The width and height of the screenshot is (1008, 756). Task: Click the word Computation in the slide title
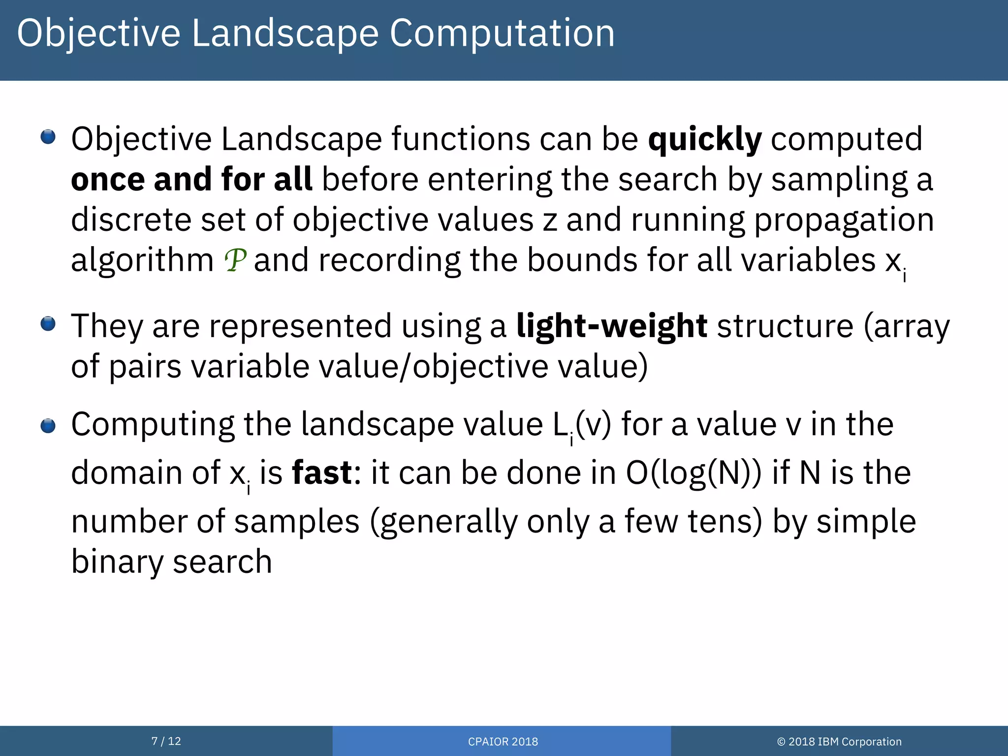[x=502, y=33]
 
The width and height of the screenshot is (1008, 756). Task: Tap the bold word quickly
[x=704, y=139]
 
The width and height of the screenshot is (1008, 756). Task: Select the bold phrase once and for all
[x=191, y=179]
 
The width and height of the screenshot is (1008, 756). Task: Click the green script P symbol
[x=235, y=260]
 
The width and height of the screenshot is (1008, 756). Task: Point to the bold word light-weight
[x=612, y=326]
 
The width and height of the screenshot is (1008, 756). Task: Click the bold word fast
[x=322, y=472]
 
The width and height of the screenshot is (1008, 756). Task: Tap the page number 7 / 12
[x=166, y=741]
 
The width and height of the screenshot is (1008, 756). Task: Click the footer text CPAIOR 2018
[x=503, y=741]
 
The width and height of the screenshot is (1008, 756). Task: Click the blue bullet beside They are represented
[x=48, y=324]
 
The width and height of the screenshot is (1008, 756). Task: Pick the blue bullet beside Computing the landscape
[x=48, y=426]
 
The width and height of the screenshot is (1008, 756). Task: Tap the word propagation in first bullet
[x=844, y=220]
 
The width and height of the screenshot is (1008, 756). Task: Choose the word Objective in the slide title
[x=98, y=33]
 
